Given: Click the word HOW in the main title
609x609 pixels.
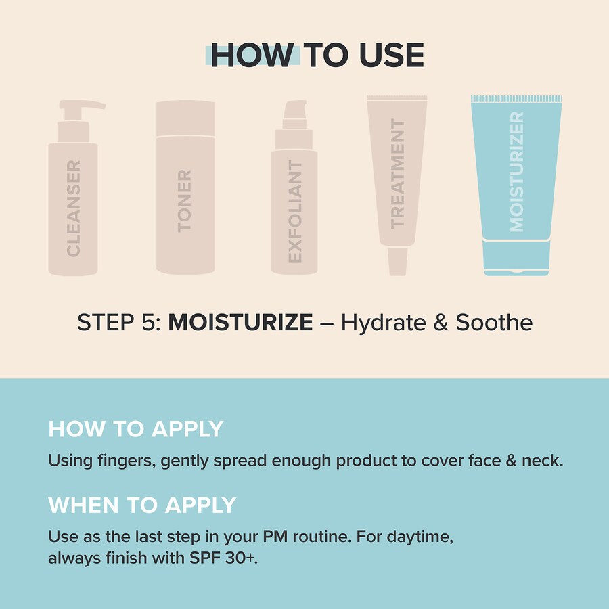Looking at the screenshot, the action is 252,55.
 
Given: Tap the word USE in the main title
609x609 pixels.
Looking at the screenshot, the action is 392,55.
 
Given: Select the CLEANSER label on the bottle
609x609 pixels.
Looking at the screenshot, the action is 73,208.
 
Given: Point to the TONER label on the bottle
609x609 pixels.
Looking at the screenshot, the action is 185,201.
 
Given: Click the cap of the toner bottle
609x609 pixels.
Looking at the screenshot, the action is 185,118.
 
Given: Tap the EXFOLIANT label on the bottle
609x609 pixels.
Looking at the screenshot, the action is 295,211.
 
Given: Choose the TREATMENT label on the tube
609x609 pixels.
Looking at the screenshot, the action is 397,174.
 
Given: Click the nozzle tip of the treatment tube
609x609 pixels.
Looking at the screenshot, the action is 398,262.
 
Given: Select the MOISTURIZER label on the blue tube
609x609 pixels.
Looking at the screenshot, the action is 516,172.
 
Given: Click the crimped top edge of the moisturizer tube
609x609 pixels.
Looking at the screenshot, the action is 516,99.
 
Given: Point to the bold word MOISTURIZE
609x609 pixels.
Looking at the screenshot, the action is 240,322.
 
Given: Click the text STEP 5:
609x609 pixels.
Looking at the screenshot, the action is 119,322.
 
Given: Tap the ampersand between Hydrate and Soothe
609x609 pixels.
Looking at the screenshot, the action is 441,323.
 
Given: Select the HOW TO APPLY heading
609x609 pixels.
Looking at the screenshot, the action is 135,429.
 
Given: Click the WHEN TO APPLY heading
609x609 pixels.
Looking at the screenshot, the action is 142,505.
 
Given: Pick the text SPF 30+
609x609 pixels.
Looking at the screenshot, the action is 223,558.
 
